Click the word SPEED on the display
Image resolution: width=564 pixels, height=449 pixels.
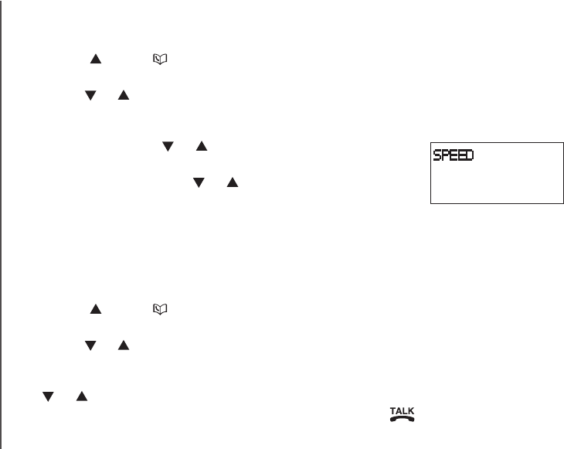453,155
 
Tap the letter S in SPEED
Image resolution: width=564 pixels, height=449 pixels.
437,155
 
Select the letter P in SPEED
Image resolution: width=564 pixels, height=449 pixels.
445,155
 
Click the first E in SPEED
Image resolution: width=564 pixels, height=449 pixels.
453,155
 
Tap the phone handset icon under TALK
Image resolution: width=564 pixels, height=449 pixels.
403,418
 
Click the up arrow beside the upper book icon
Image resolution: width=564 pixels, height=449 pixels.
97,58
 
